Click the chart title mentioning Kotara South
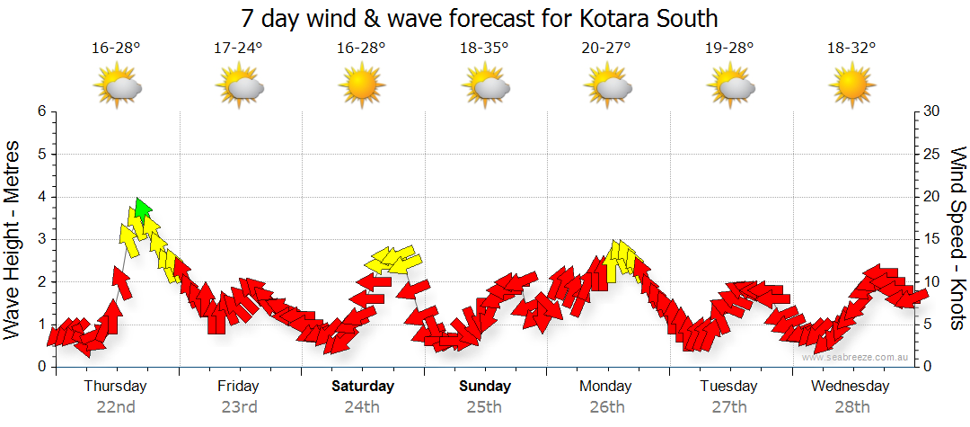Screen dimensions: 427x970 click(480, 18)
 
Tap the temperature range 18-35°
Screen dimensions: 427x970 click(485, 49)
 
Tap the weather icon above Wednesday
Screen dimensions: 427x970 click(851, 87)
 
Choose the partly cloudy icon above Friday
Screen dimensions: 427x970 click(239, 87)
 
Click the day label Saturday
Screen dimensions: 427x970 click(363, 387)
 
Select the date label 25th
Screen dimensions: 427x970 click(485, 406)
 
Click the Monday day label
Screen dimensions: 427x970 click(607, 387)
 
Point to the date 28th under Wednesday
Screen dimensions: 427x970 click(851, 406)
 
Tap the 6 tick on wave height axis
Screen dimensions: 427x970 click(41, 111)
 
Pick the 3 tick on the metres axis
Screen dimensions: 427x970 click(41, 239)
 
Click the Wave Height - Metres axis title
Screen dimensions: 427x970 click(14, 239)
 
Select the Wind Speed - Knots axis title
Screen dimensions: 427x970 click(957, 239)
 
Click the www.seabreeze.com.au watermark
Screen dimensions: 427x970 click(856, 357)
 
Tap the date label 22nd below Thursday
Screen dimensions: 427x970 click(116, 406)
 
